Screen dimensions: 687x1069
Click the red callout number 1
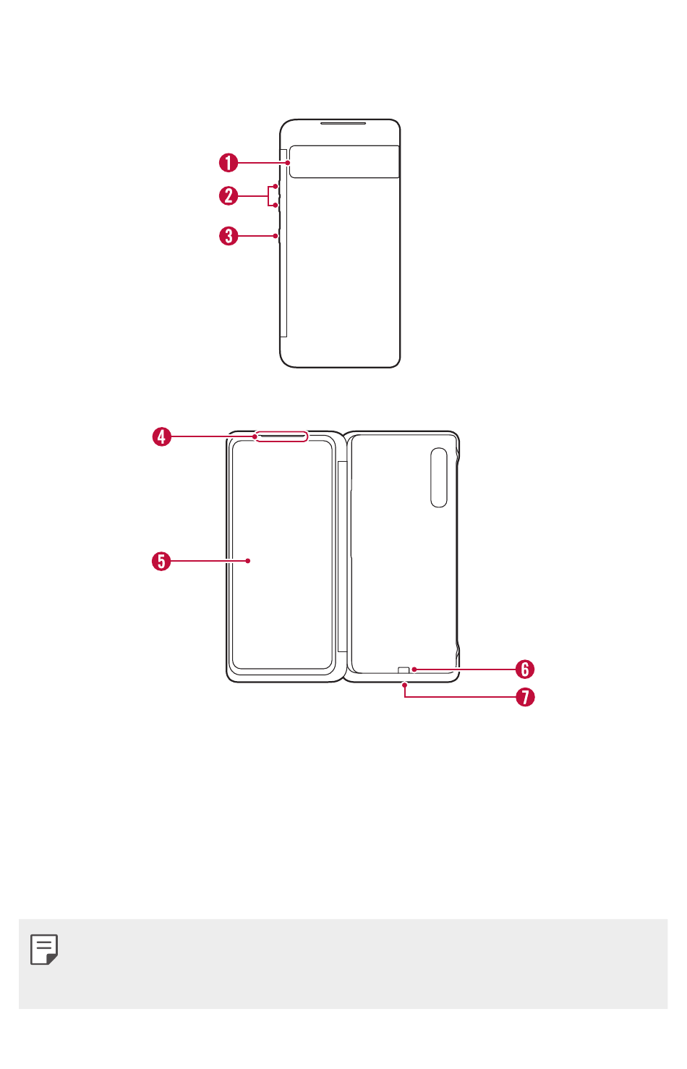[x=229, y=163]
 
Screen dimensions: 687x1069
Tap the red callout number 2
[x=229, y=195]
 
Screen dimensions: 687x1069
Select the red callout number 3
[x=229, y=236]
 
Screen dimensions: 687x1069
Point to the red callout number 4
[x=161, y=436]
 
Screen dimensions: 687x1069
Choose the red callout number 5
[x=161, y=561]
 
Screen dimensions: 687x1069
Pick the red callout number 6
[x=525, y=669]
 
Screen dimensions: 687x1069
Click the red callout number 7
[x=525, y=697]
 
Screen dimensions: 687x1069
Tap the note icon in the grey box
[x=44, y=949]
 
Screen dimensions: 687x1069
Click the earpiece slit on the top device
[x=343, y=123]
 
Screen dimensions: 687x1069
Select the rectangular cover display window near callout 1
[x=344, y=161]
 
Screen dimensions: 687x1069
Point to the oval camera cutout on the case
[x=439, y=477]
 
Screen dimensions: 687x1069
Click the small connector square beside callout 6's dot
[x=404, y=670]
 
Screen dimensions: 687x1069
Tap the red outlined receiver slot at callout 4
[x=281, y=436]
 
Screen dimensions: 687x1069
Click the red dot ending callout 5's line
[x=248, y=561]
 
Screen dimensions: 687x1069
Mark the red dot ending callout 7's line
[x=404, y=685]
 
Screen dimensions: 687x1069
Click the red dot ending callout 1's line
[x=288, y=163]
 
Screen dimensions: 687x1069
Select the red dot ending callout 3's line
[x=275, y=236]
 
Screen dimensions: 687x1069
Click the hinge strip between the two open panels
[x=342, y=557]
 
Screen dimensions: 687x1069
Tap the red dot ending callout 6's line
[x=414, y=669]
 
